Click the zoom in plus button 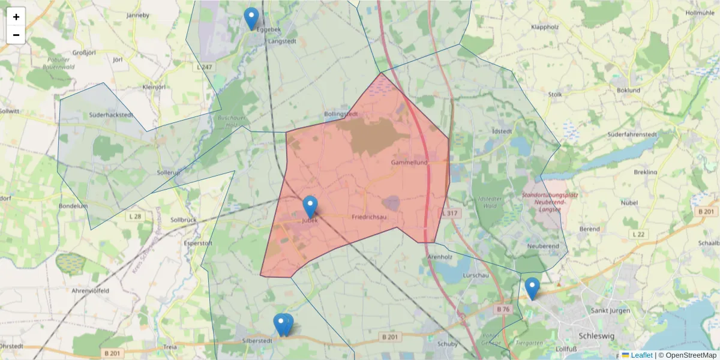pos(16,17)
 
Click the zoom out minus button pos(16,35)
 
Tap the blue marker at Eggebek pos(251,19)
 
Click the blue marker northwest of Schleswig pos(532,288)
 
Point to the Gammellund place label pos(409,163)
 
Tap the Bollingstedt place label pos(341,114)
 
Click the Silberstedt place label pos(256,340)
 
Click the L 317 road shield pos(449,213)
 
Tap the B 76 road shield pos(503,309)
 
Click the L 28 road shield pos(134,215)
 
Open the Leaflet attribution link pos(641,355)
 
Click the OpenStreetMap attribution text pos(687,355)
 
